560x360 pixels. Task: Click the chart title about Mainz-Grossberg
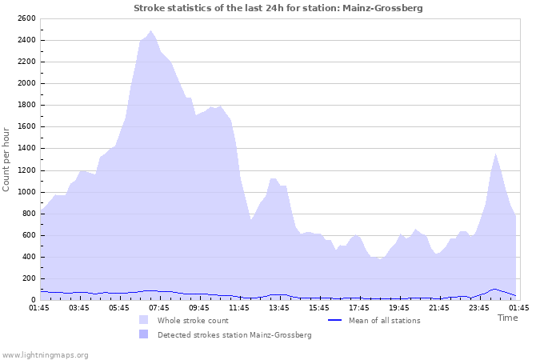(x=278, y=8)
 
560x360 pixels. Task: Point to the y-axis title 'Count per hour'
(x=7, y=158)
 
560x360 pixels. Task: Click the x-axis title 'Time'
(x=507, y=318)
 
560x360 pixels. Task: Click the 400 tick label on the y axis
(x=28, y=257)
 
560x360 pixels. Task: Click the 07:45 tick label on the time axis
(x=159, y=307)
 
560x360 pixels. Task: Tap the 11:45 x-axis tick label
(x=239, y=307)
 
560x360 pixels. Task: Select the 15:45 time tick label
(x=319, y=307)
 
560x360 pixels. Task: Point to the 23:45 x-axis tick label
(x=479, y=307)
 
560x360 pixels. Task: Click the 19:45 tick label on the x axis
(x=399, y=307)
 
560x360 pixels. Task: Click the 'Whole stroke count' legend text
(x=193, y=321)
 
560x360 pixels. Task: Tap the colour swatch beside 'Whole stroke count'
(x=144, y=320)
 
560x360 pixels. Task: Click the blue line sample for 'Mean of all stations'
(x=335, y=320)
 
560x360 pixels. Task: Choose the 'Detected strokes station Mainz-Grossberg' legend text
(x=234, y=335)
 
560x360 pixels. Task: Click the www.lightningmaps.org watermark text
(x=45, y=354)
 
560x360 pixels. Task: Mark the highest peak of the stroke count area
(x=150, y=31)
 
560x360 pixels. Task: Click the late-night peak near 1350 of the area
(x=495, y=154)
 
